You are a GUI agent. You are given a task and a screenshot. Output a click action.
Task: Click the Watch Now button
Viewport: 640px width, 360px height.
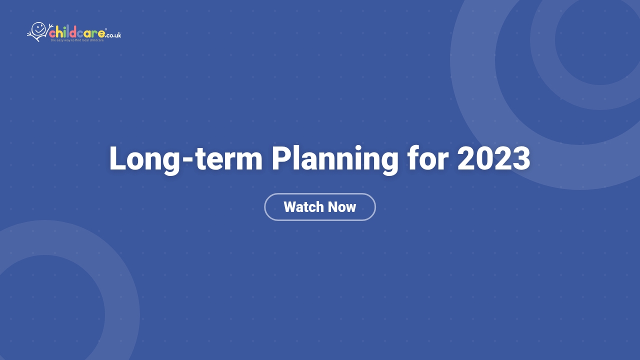pyautogui.click(x=320, y=207)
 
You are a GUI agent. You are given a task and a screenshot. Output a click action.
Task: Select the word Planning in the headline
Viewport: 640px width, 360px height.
pyautogui.click(x=335, y=159)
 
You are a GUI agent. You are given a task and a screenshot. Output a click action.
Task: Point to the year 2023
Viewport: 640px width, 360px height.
pyautogui.click(x=493, y=159)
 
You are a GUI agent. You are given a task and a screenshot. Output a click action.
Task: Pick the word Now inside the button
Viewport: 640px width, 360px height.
pyautogui.click(x=342, y=207)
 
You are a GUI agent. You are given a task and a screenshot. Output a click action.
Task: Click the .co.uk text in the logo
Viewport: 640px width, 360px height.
pyautogui.click(x=113, y=35)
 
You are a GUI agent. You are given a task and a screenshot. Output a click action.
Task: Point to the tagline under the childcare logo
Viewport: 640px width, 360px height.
pyautogui.click(x=77, y=40)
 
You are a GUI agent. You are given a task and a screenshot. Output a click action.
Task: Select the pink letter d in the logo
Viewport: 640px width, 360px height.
pyautogui.click(x=73, y=33)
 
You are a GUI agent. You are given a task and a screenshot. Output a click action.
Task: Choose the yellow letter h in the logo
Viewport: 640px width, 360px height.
pyautogui.click(x=59, y=33)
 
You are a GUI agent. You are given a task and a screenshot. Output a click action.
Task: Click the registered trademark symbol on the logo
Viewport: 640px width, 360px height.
pyautogui.click(x=106, y=29)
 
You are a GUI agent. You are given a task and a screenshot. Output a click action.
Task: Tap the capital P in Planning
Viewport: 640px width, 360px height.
pyautogui.click(x=280, y=159)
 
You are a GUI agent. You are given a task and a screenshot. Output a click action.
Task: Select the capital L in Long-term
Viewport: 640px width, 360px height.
pyautogui.click(x=117, y=159)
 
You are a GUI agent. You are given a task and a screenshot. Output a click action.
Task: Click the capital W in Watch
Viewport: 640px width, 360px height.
pyautogui.click(x=291, y=207)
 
